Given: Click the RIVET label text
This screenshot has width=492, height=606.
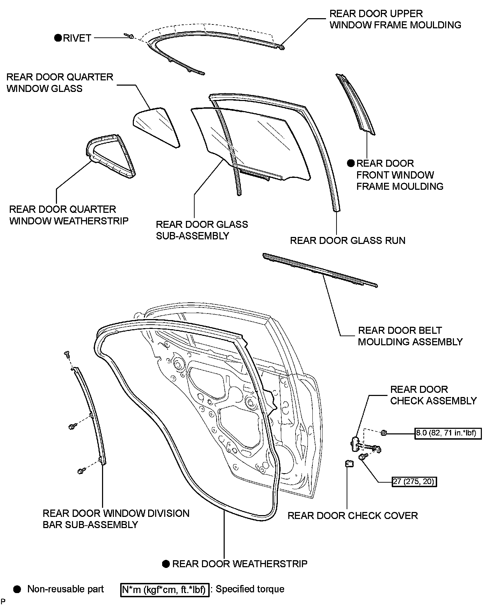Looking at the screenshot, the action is (x=77, y=38).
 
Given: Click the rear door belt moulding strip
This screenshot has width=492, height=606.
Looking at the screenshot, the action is (x=320, y=270).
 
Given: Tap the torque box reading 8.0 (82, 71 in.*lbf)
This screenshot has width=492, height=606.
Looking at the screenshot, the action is (x=448, y=433).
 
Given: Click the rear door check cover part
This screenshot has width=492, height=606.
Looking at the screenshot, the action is (x=348, y=463).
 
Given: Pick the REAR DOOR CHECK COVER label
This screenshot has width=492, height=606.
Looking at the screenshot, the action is (x=353, y=515).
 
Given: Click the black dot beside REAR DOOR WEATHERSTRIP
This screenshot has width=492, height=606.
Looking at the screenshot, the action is (x=166, y=564).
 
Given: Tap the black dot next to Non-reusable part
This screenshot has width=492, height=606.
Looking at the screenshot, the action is (x=17, y=589).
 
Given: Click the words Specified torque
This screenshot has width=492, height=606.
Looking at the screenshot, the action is (x=250, y=589).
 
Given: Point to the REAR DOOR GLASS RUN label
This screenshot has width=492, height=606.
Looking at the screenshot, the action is (x=348, y=240).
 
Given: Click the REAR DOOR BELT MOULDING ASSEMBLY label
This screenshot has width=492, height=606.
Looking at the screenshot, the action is (x=410, y=336).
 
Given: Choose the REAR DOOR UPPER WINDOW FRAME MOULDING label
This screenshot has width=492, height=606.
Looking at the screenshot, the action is (x=395, y=19).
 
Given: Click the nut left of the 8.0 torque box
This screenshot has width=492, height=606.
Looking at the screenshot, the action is (x=383, y=433).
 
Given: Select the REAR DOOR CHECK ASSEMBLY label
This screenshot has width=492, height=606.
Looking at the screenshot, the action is (x=433, y=395).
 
